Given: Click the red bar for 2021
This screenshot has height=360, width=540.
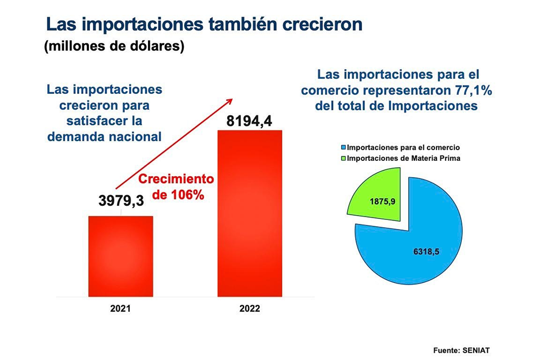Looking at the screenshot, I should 120,256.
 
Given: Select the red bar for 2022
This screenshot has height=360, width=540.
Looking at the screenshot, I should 250,214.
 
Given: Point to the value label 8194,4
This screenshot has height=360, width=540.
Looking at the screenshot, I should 253,120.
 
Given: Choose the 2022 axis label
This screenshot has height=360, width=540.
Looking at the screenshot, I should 250,309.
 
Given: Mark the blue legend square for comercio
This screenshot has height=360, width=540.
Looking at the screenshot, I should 344,147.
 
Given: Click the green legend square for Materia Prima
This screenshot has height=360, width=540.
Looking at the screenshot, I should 344,159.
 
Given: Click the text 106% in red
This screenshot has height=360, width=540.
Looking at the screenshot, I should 189,196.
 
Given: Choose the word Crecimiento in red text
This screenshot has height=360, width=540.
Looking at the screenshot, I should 176,180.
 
